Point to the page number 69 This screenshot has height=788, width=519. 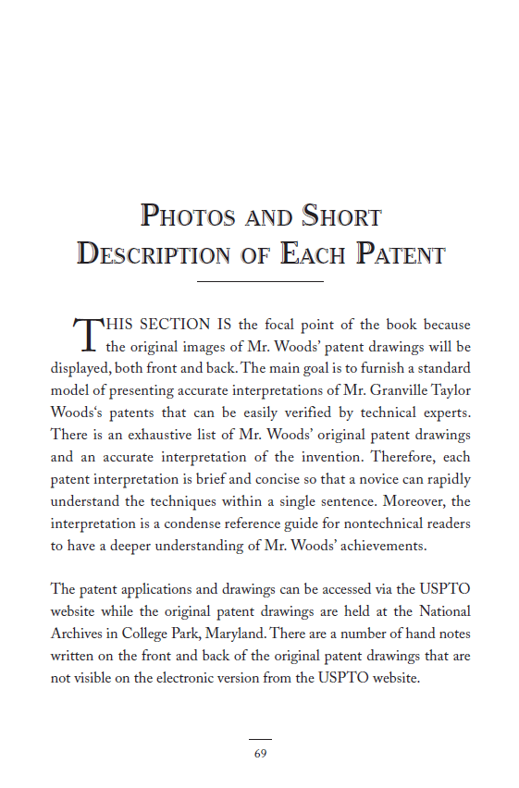[x=260, y=754]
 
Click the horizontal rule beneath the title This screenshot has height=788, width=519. [x=260, y=280]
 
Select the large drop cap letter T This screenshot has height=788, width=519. [x=85, y=335]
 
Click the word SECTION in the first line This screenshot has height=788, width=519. [x=176, y=325]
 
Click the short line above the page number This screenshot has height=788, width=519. [x=260, y=739]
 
